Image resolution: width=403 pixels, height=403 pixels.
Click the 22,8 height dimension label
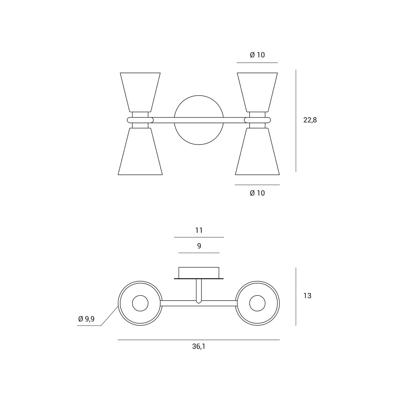pos(310,120)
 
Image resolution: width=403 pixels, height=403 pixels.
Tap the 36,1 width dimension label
pos(199,347)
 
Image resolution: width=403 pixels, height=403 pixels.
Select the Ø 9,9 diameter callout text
pos(86,319)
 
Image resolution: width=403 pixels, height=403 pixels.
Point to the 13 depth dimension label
pos(307,296)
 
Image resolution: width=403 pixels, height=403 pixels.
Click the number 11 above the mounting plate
pos(199,230)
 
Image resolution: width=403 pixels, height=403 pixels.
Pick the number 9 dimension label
pos(199,246)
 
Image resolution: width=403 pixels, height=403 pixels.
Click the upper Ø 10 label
pos(257,55)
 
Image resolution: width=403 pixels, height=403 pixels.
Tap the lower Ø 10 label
pos(257,193)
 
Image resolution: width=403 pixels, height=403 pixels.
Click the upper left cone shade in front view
pos(140,92)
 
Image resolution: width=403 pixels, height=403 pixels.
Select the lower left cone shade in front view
pos(140,151)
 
